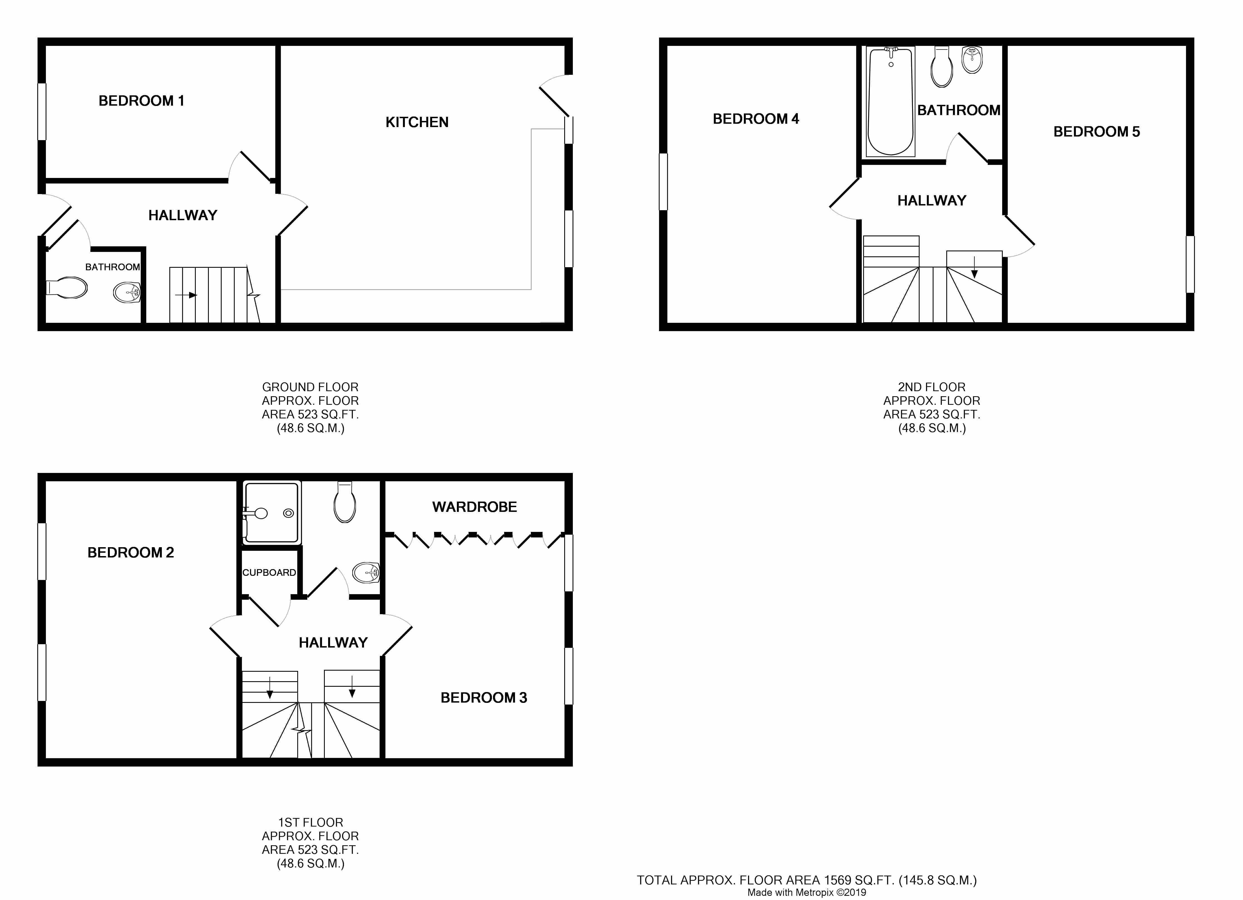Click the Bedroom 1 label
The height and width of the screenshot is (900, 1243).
tap(141, 101)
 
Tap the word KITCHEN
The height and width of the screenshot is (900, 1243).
tap(417, 122)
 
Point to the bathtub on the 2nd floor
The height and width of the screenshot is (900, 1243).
tap(891, 102)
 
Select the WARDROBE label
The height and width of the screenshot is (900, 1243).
tap(475, 507)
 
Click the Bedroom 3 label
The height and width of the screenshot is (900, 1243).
tap(484, 698)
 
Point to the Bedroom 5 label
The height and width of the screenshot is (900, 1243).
tap(1097, 132)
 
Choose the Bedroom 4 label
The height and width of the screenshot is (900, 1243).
tap(756, 119)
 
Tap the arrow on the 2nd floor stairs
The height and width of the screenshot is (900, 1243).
tap(974, 267)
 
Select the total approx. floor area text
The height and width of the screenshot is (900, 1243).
tap(807, 880)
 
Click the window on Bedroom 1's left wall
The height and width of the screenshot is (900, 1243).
tap(42, 111)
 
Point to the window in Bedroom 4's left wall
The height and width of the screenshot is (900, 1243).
tap(663, 182)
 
